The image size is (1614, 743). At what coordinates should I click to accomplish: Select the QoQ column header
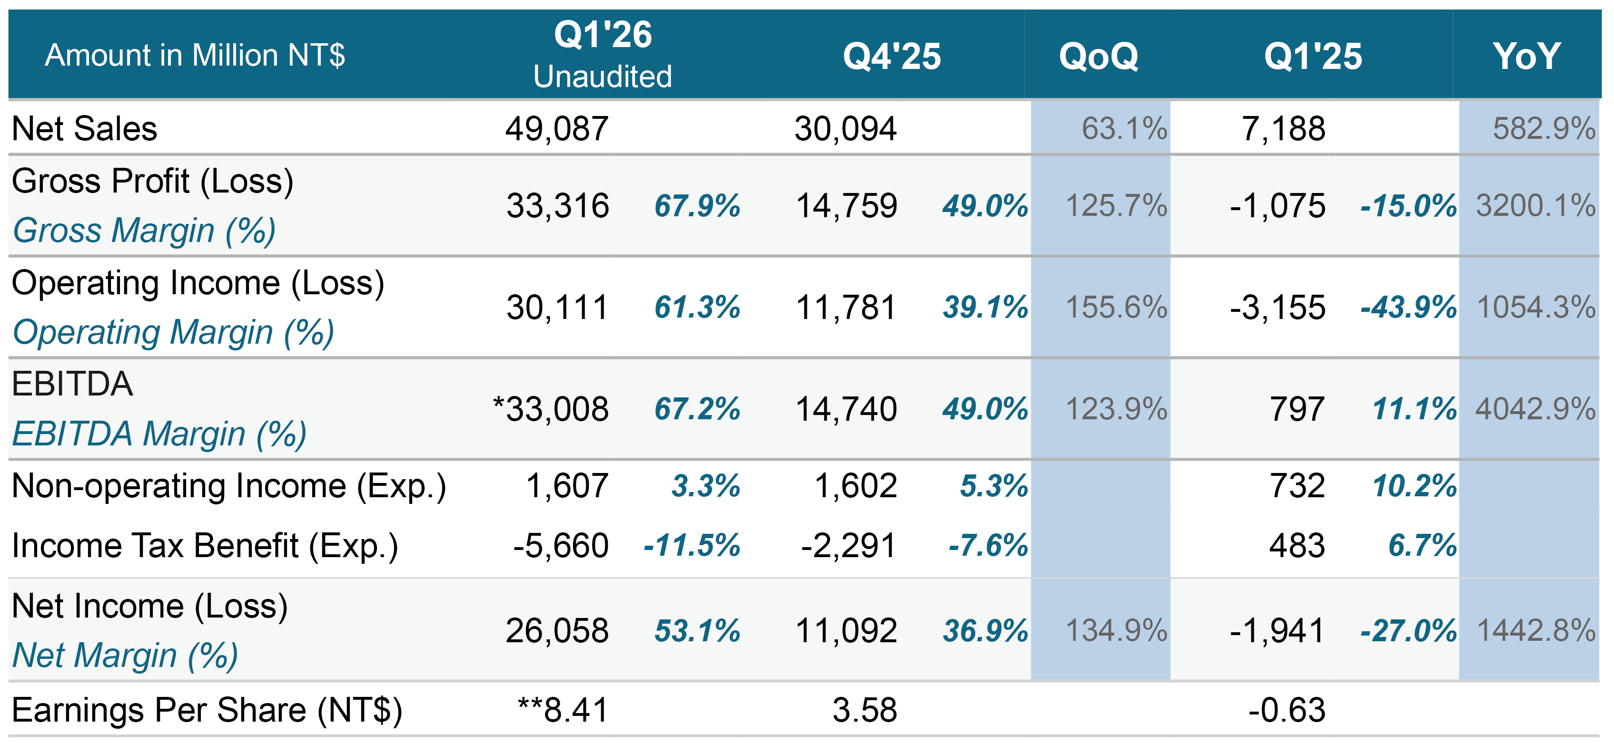coord(1099,57)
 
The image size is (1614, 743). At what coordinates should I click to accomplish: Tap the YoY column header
coord(1526,57)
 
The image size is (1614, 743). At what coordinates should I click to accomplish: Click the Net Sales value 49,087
coord(557,129)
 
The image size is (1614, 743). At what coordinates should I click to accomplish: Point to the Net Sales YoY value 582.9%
coord(1543,129)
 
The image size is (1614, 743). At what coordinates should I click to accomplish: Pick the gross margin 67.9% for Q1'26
coord(697,206)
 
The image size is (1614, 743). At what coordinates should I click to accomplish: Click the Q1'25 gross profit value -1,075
coord(1277,206)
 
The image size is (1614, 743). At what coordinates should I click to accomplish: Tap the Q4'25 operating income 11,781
coord(846,308)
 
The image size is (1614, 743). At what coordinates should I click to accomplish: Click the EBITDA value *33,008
coord(551,409)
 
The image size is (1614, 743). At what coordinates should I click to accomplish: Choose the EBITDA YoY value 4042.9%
coord(1535,409)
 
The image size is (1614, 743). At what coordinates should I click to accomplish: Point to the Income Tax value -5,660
coord(561,545)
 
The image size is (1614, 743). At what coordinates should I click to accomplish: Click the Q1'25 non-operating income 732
coord(1297,486)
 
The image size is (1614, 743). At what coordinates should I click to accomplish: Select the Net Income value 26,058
coord(557,630)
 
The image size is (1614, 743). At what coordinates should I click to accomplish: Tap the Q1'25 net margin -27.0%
coord(1408,630)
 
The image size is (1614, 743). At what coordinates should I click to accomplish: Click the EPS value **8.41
coord(563,710)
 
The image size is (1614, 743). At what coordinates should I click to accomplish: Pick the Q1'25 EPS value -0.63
coord(1287,710)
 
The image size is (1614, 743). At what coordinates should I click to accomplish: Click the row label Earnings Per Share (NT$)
coord(207,710)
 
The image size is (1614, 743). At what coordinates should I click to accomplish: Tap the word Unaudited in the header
coord(603,77)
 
